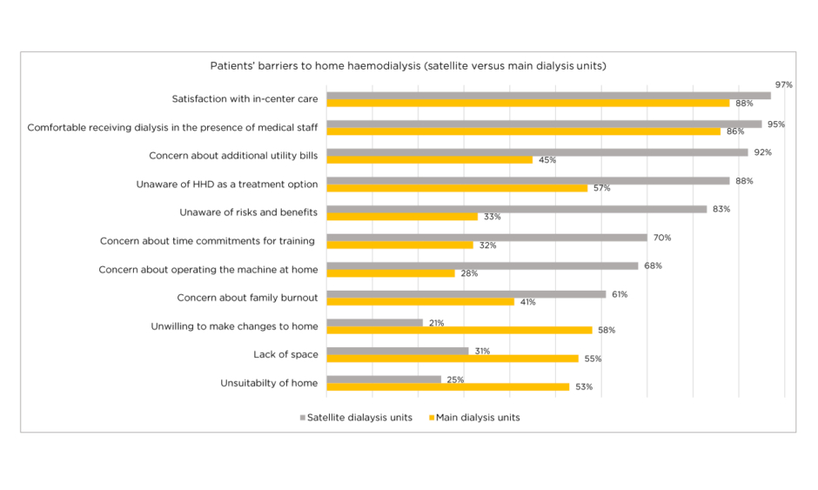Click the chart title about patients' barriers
click(x=407, y=66)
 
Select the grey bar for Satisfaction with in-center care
click(x=548, y=96)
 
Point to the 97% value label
click(x=783, y=84)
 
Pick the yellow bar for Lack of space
click(x=452, y=359)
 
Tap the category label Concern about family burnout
click(x=247, y=298)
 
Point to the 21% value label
click(x=436, y=323)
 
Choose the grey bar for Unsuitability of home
click(x=384, y=379)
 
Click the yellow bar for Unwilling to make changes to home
click(x=459, y=330)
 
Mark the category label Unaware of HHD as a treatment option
click(x=227, y=185)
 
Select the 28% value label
click(x=470, y=273)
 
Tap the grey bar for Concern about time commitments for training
click(x=486, y=238)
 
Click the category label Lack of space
click(x=285, y=354)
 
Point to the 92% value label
click(x=762, y=152)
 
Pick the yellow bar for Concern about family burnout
click(x=420, y=302)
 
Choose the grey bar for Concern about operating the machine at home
click(x=482, y=266)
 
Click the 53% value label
click(x=584, y=386)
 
